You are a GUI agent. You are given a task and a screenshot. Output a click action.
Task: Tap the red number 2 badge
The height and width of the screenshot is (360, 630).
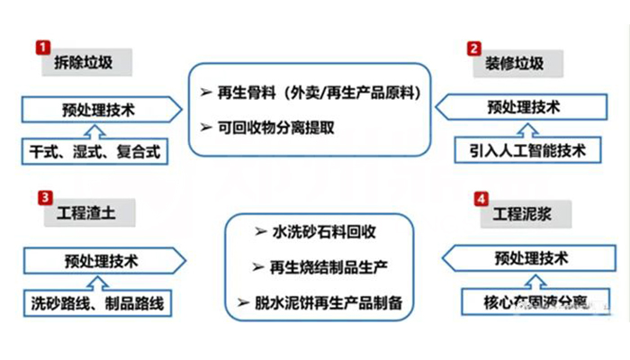pyautogui.click(x=473, y=48)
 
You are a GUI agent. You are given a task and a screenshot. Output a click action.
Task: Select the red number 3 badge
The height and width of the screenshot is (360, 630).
pyautogui.click(x=41, y=196)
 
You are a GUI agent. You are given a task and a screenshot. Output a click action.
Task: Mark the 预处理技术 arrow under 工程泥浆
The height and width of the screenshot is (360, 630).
pyautogui.click(x=526, y=258)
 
